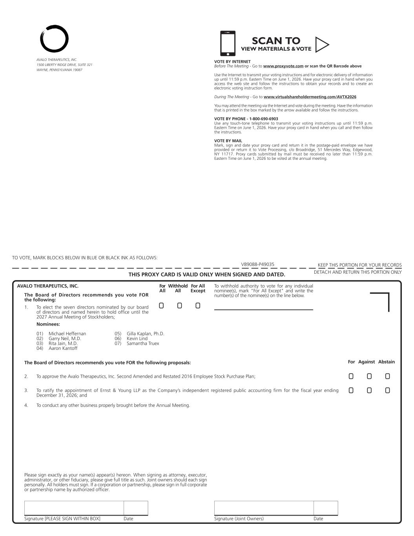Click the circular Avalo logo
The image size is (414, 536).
[x=54, y=39]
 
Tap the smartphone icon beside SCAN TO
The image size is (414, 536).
[x=228, y=43]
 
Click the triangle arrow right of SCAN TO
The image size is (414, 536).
[x=321, y=45]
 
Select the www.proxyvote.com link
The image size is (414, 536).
[x=283, y=66]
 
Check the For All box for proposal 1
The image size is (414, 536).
[x=161, y=306]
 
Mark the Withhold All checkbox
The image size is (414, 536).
[x=179, y=306]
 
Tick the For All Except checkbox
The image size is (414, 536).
[x=198, y=306]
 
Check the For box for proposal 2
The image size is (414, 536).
[x=351, y=376]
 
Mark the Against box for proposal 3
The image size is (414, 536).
[x=369, y=390]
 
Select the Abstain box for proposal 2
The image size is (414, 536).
[x=387, y=376]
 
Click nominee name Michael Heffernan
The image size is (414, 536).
[x=67, y=334]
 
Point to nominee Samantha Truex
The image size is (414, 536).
[x=143, y=344]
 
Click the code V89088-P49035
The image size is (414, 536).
[x=257, y=264]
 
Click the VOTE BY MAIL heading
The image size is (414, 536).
[x=228, y=141]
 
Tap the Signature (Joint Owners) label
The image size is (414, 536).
[x=239, y=519]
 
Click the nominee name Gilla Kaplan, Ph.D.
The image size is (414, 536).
[x=145, y=334]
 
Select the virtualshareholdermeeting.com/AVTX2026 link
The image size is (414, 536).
[x=310, y=97]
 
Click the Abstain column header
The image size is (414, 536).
[x=386, y=362]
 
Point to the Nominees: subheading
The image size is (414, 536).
[x=48, y=324]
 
